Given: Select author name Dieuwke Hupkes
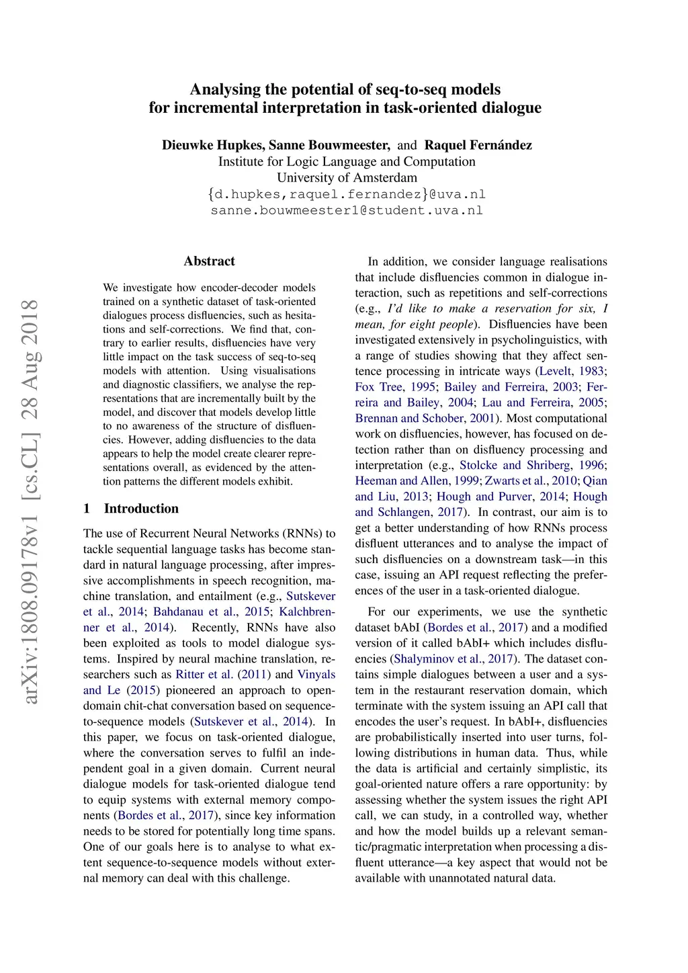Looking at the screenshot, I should click(x=213, y=145).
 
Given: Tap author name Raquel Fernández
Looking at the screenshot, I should click(x=478, y=145).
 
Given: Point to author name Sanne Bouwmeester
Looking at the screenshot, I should click(x=329, y=145).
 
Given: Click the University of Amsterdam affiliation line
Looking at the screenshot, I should click(x=347, y=177).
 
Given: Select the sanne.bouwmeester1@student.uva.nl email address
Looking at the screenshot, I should click(x=347, y=210).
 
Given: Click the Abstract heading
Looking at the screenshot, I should click(x=209, y=261).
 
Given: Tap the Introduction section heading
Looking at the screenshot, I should click(x=141, y=509).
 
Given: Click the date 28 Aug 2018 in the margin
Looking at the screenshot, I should click(x=30, y=359).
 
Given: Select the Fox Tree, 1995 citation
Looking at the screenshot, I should click(x=395, y=387).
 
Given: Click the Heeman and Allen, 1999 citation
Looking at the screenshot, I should click(x=417, y=481).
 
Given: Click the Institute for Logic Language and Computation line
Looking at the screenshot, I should click(x=347, y=161).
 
